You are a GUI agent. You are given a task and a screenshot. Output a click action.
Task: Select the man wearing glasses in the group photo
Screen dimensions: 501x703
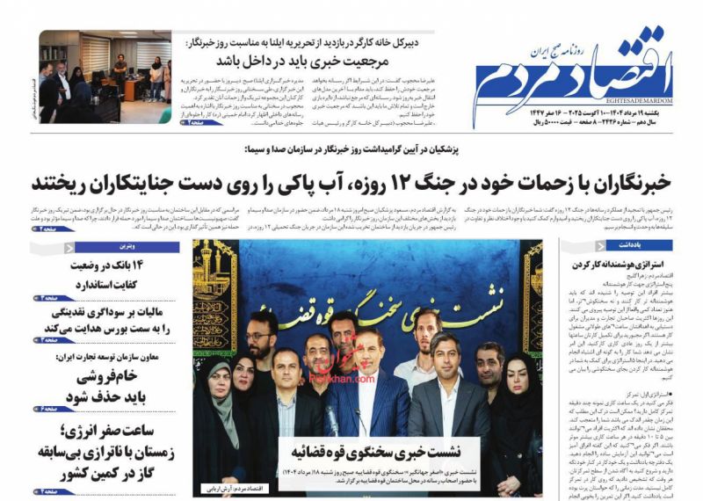click(x=261, y=336)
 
